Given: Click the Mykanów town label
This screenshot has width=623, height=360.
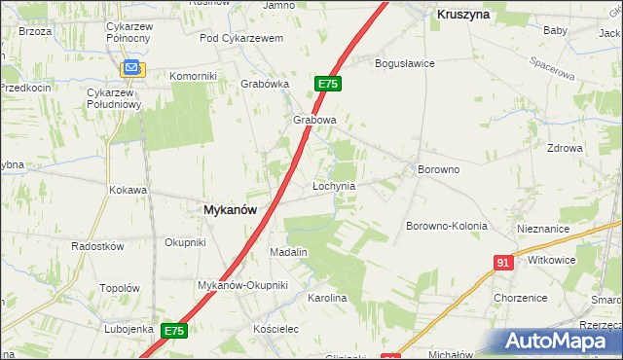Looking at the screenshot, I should pyautogui.click(x=230, y=209).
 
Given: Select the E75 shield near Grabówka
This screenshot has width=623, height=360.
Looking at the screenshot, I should pyautogui.click(x=327, y=85).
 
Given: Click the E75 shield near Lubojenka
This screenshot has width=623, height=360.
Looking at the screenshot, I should pyautogui.click(x=173, y=332).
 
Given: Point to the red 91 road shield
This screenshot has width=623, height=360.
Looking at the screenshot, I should pyautogui.click(x=503, y=263).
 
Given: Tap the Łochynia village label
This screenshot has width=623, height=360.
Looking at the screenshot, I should pyautogui.click(x=333, y=185).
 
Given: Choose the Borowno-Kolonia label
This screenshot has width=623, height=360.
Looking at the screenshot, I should pyautogui.click(x=446, y=226).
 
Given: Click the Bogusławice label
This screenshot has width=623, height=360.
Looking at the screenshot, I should pyautogui.click(x=405, y=63).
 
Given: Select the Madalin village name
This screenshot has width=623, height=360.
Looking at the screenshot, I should pyautogui.click(x=288, y=252).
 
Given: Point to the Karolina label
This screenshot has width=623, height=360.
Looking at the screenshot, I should pyautogui.click(x=327, y=298).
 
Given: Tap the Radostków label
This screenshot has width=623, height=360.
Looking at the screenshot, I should pyautogui.click(x=97, y=246).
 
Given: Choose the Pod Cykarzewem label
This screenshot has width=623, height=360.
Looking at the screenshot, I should pyautogui.click(x=240, y=38).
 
